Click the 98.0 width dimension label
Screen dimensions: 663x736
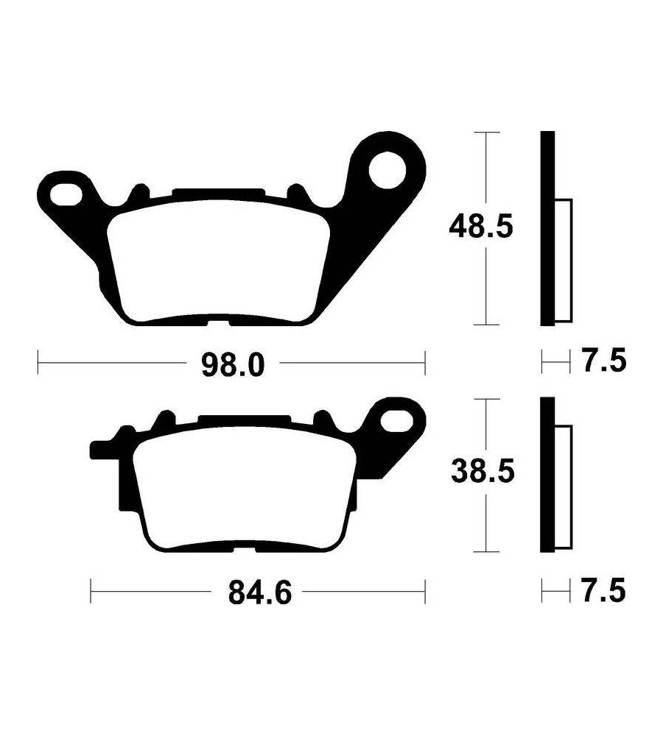(x=233, y=365)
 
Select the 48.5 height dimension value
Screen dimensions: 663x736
(x=481, y=227)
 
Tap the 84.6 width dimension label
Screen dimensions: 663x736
(x=260, y=592)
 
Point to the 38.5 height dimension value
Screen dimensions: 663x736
(x=483, y=471)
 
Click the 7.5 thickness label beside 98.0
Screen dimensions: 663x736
(x=605, y=361)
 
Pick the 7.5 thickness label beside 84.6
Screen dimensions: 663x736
(x=604, y=590)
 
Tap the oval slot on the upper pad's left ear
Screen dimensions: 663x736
(x=66, y=195)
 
